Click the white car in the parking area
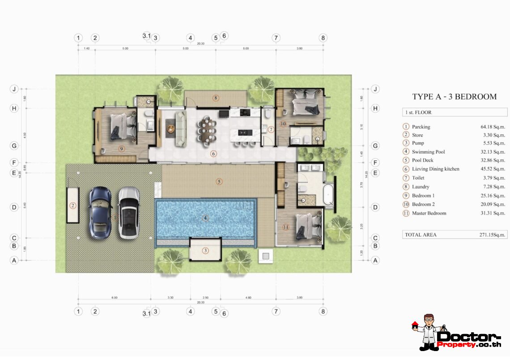click(x=129, y=213)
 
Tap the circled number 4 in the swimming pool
click(x=205, y=219)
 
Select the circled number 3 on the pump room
click(x=205, y=251)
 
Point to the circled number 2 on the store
click(x=72, y=206)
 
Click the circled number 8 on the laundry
click(x=216, y=97)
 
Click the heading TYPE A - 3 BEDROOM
click(x=454, y=97)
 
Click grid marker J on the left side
click(x=14, y=89)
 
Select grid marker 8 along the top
click(x=323, y=38)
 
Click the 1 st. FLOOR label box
click(x=454, y=112)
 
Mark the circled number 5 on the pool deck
click(x=219, y=182)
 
